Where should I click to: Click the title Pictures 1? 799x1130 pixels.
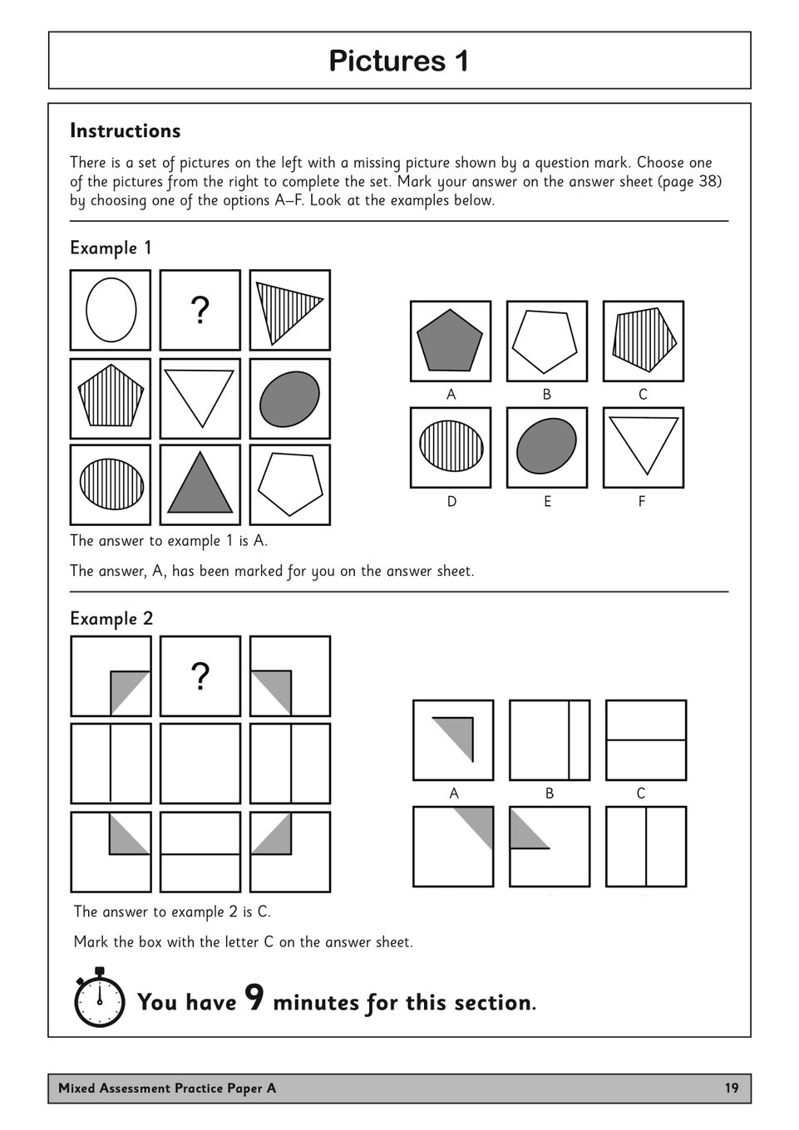pyautogui.click(x=399, y=61)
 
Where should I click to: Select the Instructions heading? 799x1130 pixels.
pyautogui.click(x=125, y=131)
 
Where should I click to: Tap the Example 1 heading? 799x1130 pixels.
pyautogui.click(x=111, y=248)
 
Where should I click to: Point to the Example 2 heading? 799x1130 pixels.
pyautogui.click(x=111, y=619)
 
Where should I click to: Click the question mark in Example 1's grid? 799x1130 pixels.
pyautogui.click(x=200, y=311)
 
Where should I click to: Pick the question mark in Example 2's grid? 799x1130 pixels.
pyautogui.click(x=200, y=677)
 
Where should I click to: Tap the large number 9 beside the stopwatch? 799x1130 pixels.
pyautogui.click(x=255, y=998)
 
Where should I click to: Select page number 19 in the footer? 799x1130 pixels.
pyautogui.click(x=731, y=1088)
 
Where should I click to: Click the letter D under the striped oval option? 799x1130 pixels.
pyautogui.click(x=451, y=502)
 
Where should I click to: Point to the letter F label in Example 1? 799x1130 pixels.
pyautogui.click(x=642, y=502)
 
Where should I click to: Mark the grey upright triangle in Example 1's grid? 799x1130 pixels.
pyautogui.click(x=200, y=486)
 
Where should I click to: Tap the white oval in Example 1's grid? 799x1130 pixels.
pyautogui.click(x=111, y=309)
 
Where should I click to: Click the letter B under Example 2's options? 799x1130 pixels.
pyautogui.click(x=549, y=793)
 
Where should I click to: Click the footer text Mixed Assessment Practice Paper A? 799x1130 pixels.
pyautogui.click(x=167, y=1088)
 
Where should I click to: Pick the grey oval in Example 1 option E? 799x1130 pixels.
pyautogui.click(x=546, y=446)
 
